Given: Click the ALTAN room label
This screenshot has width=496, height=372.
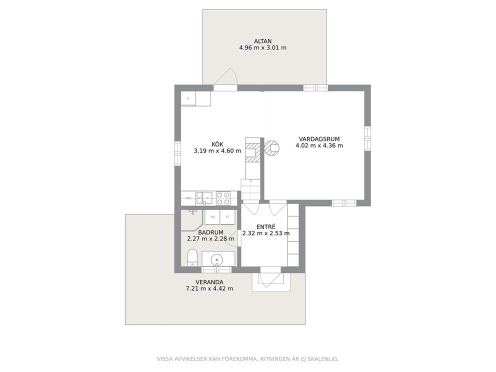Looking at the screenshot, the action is [x=262, y=41].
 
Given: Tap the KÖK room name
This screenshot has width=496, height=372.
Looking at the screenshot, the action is [x=217, y=144].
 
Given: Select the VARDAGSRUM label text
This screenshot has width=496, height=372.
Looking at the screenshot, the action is [x=319, y=139].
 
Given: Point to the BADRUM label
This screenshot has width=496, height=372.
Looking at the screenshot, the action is [x=210, y=232].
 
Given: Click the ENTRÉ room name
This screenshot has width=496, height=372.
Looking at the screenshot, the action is [x=265, y=227].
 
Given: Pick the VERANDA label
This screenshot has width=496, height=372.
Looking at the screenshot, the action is [x=209, y=282].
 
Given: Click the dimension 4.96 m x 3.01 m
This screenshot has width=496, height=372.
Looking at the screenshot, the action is [x=262, y=48].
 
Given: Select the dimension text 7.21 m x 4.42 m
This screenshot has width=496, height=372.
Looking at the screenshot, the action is [x=209, y=288].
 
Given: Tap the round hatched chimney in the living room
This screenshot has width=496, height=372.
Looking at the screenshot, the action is [x=271, y=147].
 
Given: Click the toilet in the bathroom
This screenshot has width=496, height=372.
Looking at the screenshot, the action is [x=192, y=257].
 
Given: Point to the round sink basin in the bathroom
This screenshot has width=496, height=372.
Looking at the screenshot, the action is [x=216, y=259].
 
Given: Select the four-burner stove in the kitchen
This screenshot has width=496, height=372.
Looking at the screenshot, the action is [x=223, y=198].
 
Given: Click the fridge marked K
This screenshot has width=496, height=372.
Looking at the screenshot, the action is [x=188, y=98].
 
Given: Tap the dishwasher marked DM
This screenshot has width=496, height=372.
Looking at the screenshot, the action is [x=188, y=198].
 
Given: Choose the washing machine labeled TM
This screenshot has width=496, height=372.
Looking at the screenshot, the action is [x=212, y=217].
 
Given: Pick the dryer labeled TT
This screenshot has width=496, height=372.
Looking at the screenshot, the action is [x=227, y=217].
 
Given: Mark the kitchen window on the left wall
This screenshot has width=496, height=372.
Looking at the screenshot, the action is [x=177, y=153].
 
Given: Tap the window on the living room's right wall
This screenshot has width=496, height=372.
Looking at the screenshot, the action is [x=367, y=138].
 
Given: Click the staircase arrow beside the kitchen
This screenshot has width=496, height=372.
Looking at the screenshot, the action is [x=250, y=188].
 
